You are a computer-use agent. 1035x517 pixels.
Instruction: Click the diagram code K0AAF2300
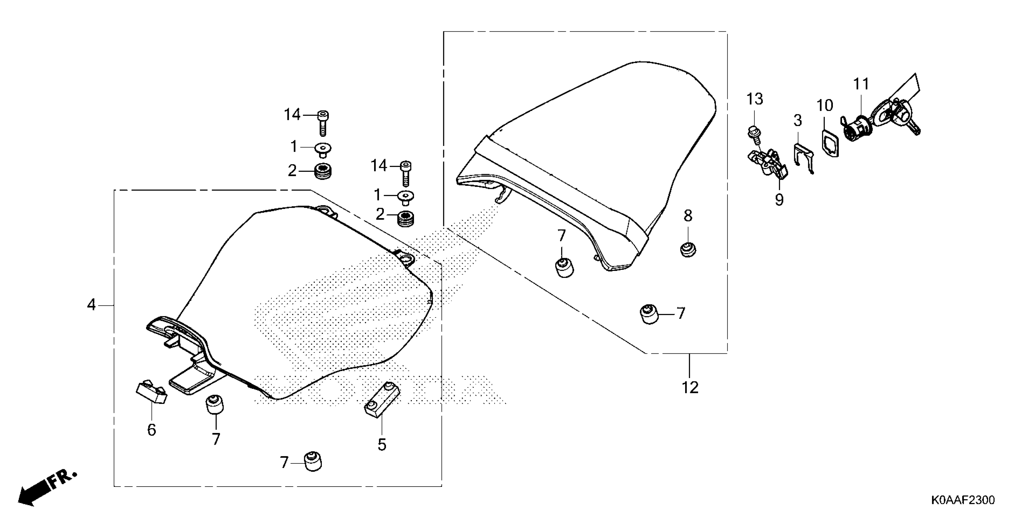(x=962, y=500)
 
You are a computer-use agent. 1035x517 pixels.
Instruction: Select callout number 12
(x=690, y=387)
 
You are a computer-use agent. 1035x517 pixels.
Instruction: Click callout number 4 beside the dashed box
(x=92, y=305)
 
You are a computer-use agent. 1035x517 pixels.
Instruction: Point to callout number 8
(x=688, y=216)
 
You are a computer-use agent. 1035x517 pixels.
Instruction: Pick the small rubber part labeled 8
(x=688, y=250)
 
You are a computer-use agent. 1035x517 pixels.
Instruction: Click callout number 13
(x=755, y=99)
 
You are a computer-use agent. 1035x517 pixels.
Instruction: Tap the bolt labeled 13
(x=754, y=135)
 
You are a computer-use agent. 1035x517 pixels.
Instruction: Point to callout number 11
(x=861, y=84)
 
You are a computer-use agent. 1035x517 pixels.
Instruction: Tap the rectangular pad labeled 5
(x=382, y=401)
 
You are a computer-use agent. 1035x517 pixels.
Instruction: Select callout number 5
(x=382, y=445)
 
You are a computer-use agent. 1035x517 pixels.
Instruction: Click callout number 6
(x=152, y=430)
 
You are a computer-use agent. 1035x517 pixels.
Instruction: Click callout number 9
(x=779, y=200)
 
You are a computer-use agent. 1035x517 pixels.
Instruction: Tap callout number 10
(x=825, y=106)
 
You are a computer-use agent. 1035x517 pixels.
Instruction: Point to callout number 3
(x=798, y=120)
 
